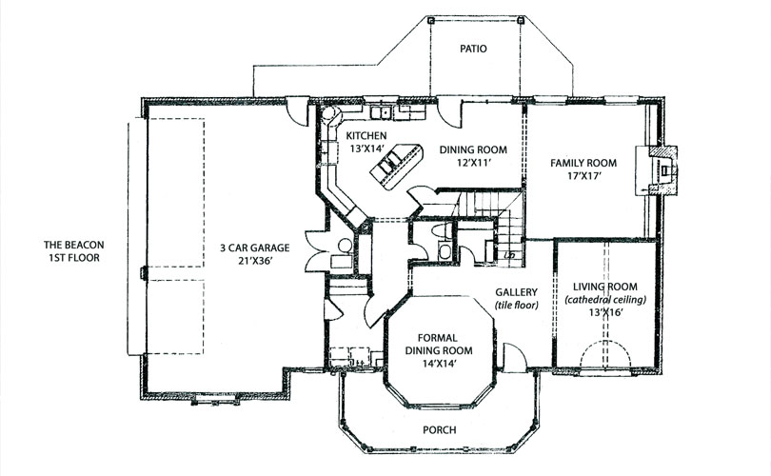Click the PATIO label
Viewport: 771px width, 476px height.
473,49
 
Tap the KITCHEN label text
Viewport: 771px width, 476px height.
366,136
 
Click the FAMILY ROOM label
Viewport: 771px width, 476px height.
583,163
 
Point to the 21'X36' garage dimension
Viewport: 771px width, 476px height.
254,261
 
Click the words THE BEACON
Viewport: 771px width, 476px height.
73,245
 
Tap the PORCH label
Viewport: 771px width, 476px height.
440,430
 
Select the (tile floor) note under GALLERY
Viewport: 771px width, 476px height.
516,306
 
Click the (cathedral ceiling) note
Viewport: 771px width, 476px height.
605,300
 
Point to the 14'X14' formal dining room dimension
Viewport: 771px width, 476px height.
438,364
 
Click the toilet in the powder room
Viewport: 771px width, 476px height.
441,230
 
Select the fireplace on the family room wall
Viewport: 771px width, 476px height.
657,170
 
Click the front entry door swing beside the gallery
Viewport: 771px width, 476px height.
513,356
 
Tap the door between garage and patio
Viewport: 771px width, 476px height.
298,113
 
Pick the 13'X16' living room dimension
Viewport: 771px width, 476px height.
605,312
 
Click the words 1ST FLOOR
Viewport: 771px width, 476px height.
73,258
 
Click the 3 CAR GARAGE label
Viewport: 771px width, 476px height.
255,248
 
